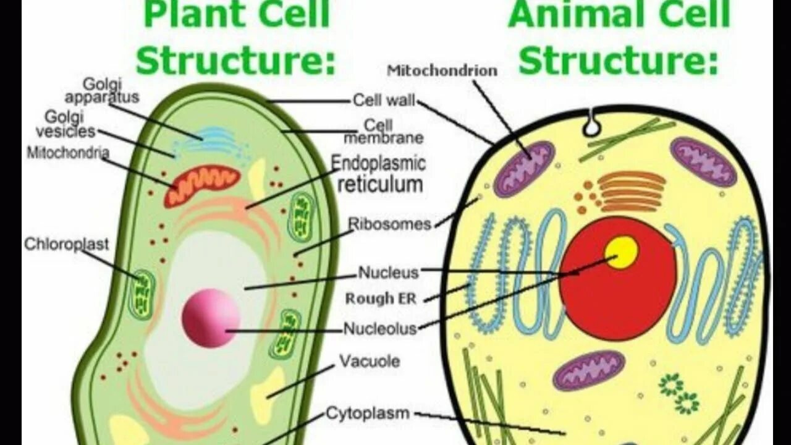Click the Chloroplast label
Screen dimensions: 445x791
[x=66, y=244]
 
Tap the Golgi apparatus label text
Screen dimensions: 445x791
[x=102, y=91]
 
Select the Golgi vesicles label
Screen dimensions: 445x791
[x=66, y=124]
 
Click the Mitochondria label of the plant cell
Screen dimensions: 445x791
[x=68, y=152]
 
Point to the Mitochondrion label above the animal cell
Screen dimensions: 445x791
[x=442, y=70]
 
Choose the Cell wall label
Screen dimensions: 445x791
[x=384, y=100]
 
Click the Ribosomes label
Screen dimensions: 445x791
[x=389, y=224]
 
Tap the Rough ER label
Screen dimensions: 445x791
[x=381, y=299]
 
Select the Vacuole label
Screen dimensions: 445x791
[x=370, y=361]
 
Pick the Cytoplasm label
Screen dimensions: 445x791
[x=368, y=413]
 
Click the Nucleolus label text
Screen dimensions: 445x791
[x=380, y=329]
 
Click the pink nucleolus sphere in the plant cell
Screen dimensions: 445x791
[x=211, y=318]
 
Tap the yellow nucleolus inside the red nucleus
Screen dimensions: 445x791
[x=621, y=252]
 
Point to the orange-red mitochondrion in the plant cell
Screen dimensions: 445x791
[x=201, y=185]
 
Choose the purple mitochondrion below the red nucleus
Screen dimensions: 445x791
[x=589, y=370]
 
